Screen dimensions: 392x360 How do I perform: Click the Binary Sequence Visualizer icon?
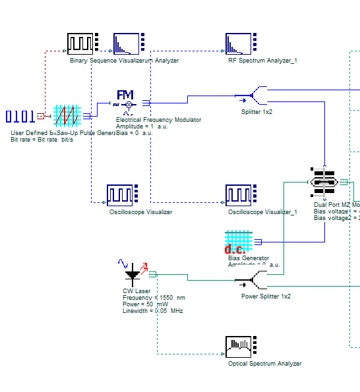tap(80, 43)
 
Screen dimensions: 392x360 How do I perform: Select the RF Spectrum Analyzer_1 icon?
tap(239, 43)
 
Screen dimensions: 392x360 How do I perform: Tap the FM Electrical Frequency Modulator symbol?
tap(125, 100)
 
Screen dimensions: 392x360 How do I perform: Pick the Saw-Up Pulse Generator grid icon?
tap(67, 117)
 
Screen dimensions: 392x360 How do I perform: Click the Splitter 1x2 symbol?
tap(253, 97)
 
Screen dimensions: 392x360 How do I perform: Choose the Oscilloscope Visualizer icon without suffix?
tap(120, 195)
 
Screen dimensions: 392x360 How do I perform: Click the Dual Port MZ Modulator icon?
tap(324, 182)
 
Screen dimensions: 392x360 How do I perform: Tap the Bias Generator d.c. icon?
tap(238, 242)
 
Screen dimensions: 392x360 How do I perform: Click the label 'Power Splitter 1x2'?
tap(266, 296)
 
